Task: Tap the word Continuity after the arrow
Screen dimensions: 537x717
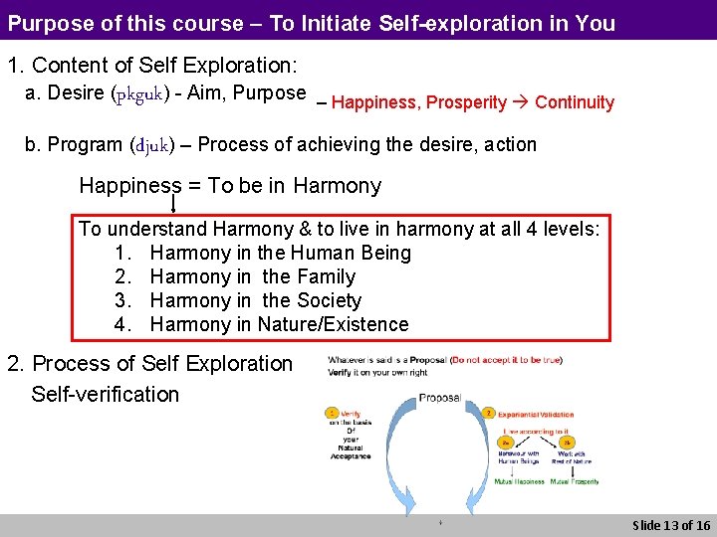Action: click(575, 102)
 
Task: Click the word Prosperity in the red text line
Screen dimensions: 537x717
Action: click(467, 102)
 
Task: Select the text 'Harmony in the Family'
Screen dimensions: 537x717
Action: click(252, 276)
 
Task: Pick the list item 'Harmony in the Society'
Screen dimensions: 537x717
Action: click(255, 300)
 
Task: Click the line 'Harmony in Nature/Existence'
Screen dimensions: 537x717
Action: click(279, 324)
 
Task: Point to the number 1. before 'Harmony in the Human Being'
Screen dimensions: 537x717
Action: click(123, 253)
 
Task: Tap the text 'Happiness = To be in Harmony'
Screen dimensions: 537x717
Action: click(230, 186)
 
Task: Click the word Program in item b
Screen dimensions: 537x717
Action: click(86, 145)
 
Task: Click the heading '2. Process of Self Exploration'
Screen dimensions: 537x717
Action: click(150, 364)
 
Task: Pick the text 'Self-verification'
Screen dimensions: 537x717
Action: click(105, 394)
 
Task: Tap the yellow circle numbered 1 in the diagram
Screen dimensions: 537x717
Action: click(333, 412)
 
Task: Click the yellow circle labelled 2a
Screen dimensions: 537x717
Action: click(506, 444)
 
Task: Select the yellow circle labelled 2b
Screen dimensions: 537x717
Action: click(569, 444)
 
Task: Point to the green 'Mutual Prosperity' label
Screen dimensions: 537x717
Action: click(575, 481)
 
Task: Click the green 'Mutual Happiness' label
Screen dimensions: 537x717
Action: click(520, 481)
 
